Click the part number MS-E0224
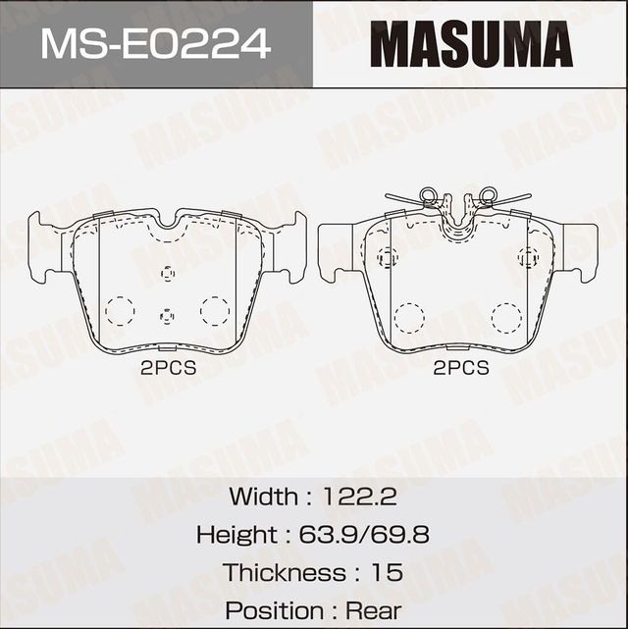[155, 43]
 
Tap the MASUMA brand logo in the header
[471, 44]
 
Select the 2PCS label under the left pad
[168, 369]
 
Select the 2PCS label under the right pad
[460, 369]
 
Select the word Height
[235, 535]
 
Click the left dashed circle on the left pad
[120, 310]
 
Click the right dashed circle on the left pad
[214, 310]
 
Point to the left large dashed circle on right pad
[408, 317]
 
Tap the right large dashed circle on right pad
[506, 317]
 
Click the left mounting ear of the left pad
[44, 247]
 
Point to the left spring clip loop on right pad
[428, 196]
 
